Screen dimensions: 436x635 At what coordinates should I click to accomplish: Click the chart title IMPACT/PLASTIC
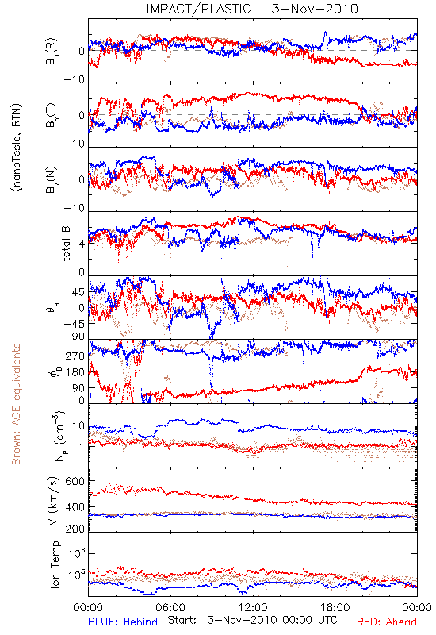[x=199, y=9]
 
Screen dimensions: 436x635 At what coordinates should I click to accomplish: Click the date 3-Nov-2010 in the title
[x=315, y=9]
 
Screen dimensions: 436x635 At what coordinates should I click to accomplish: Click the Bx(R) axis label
[x=52, y=51]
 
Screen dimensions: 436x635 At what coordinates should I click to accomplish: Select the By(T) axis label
[x=52, y=115]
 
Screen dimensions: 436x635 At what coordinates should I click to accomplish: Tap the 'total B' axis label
[x=66, y=244]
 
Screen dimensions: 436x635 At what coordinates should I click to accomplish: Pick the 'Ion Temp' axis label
[x=55, y=564]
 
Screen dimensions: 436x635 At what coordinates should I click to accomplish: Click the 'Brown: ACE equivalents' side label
[x=16, y=404]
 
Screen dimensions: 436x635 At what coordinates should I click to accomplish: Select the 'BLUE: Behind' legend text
[x=123, y=622]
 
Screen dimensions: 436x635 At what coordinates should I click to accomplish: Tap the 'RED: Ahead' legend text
[x=386, y=622]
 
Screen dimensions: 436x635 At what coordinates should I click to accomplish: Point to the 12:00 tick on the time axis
[x=253, y=607]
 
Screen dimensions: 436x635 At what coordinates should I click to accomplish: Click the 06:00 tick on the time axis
[x=170, y=607]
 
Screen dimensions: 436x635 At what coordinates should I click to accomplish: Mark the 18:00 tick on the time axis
[x=335, y=607]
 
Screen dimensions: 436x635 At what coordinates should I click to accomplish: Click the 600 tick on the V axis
[x=75, y=482]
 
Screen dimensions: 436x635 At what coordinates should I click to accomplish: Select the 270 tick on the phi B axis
[x=75, y=356]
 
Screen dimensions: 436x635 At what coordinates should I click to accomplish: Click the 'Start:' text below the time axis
[x=182, y=620]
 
